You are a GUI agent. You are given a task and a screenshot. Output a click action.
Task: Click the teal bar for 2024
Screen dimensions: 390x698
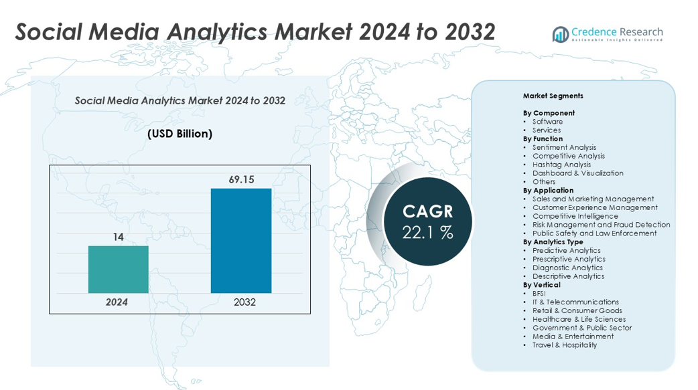[x=118, y=269]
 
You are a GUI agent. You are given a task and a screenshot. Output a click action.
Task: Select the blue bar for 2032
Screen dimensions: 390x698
[x=241, y=240]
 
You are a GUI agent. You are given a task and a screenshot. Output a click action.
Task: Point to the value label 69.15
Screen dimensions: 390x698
[x=241, y=180]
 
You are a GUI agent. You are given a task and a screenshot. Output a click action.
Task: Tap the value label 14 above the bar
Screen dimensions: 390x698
[x=118, y=237]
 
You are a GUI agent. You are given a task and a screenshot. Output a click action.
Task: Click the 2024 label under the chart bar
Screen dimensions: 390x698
[x=117, y=302]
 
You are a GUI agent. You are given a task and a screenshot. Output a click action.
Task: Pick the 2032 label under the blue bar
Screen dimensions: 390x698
[x=245, y=302]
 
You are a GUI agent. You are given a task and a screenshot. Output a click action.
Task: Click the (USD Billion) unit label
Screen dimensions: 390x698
[x=180, y=134]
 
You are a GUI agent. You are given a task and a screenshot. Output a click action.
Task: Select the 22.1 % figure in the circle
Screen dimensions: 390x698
[x=427, y=233]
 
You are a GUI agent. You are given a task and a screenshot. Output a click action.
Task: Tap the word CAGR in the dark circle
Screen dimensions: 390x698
[x=427, y=212]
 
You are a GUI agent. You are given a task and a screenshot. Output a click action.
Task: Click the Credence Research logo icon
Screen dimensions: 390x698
[x=560, y=33]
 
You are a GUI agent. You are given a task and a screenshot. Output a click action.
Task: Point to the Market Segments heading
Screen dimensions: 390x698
[x=553, y=96]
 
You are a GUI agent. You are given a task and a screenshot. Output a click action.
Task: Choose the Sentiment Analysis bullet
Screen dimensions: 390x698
[x=564, y=147]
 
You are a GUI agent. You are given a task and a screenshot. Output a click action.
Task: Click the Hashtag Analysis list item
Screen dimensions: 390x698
[x=561, y=165]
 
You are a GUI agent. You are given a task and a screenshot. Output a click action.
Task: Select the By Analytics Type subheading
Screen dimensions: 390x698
[x=553, y=242]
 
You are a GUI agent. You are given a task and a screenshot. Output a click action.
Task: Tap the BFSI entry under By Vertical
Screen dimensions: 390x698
[x=539, y=294]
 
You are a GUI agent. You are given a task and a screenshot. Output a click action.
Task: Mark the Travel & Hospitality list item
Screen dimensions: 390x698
[x=565, y=345]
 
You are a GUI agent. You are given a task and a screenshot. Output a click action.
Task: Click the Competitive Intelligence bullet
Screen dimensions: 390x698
[x=575, y=216]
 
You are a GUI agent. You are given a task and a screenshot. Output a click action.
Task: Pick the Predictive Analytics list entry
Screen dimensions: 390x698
[x=567, y=251]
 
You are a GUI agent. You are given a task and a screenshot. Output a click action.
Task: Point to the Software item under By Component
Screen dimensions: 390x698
[x=547, y=122]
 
